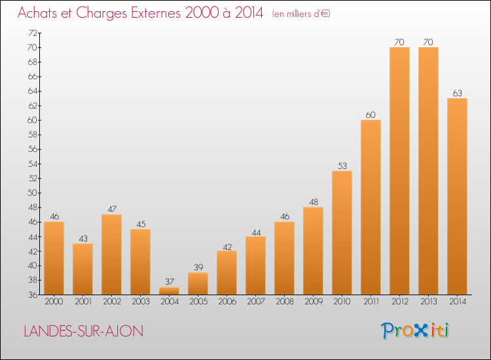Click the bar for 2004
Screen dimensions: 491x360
point(170,291)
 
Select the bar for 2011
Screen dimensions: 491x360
point(371,207)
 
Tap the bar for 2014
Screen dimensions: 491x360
point(457,196)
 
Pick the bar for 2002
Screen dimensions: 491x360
point(112,255)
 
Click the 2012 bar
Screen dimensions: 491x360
point(399,171)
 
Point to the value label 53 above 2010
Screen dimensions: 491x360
point(342,166)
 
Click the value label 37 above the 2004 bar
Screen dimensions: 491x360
point(170,281)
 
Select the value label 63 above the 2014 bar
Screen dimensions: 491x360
point(457,94)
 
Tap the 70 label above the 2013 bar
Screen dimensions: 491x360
point(428,43)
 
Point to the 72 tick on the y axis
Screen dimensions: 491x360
point(33,33)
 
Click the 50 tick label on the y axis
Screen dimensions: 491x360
point(33,193)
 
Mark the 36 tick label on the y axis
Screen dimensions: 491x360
point(33,295)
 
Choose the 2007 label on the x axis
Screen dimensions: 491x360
point(256,302)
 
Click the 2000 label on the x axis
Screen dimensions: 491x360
point(54,302)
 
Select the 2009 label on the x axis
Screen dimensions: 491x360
point(314,302)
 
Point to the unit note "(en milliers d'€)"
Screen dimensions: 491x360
point(301,14)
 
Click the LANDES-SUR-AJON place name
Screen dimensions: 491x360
point(84,331)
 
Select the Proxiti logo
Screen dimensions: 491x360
point(415,331)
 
